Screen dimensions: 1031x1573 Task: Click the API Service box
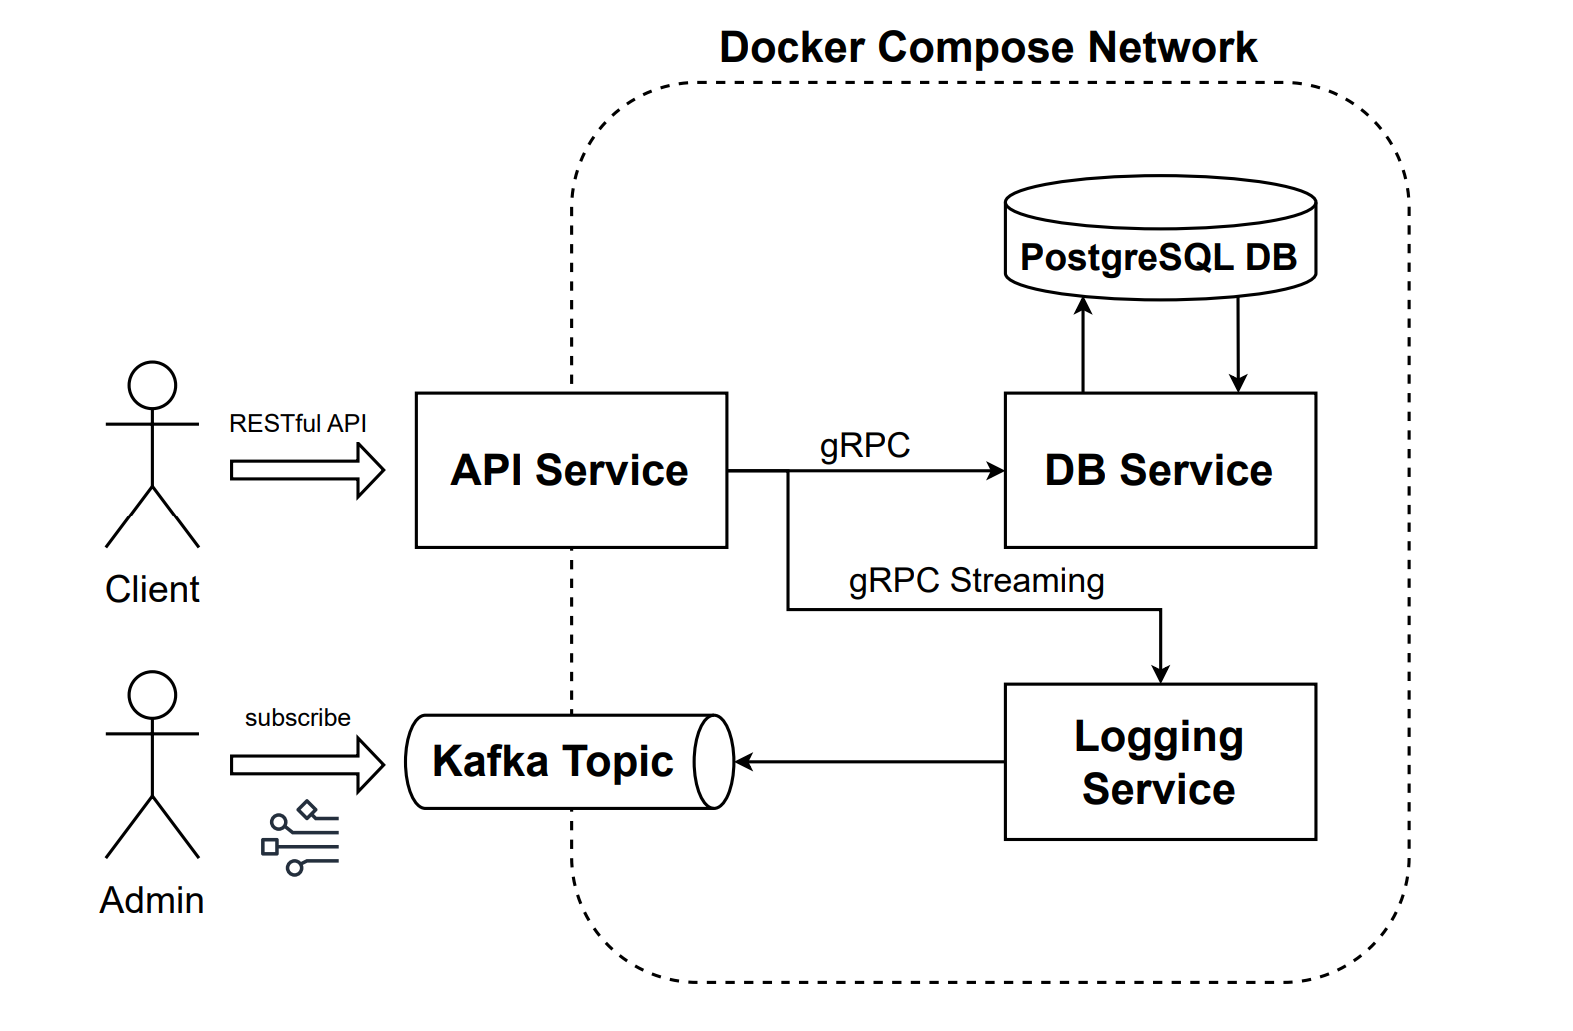click(570, 470)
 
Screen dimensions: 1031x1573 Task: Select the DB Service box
click(1159, 470)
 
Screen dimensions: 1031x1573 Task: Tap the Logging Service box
click(1159, 762)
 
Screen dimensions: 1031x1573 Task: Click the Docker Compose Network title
click(987, 47)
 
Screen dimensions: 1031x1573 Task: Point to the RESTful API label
click(297, 424)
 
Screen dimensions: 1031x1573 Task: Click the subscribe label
click(297, 718)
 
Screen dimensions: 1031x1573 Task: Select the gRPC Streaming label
click(976, 581)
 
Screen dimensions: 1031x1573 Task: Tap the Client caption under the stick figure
click(152, 590)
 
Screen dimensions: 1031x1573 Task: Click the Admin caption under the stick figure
click(152, 901)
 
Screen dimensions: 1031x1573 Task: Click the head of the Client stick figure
click(152, 386)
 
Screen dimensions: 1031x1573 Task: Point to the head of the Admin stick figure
click(152, 695)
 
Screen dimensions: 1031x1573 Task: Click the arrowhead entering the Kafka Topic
click(743, 762)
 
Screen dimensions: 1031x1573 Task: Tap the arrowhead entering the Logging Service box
click(1160, 675)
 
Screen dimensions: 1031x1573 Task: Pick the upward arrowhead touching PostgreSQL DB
click(1083, 305)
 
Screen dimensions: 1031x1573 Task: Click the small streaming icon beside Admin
click(300, 838)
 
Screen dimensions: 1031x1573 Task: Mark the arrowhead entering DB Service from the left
click(996, 470)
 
